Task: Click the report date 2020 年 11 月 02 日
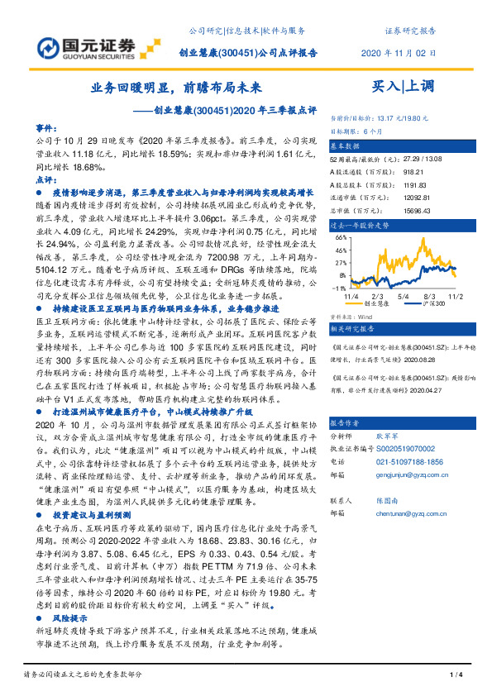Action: tap(399, 53)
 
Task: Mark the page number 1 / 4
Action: tap(454, 676)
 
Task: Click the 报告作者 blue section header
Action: tap(346, 421)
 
